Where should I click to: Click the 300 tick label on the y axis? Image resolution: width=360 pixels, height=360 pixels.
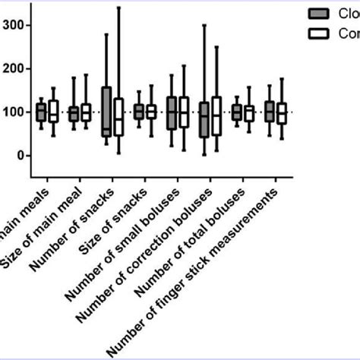[13, 25]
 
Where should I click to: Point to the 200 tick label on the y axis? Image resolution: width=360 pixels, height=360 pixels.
[13, 68]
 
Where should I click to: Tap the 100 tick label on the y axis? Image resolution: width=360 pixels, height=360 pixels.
[13, 112]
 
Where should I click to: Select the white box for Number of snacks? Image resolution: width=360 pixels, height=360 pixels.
[118, 117]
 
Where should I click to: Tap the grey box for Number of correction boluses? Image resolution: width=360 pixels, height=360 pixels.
[204, 119]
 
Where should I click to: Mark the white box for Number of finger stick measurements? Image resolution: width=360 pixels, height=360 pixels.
[282, 112]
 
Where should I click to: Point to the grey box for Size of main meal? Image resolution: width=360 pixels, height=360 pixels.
[73, 113]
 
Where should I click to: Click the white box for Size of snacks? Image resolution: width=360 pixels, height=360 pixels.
[151, 111]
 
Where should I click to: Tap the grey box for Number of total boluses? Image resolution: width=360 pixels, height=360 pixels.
[236, 112]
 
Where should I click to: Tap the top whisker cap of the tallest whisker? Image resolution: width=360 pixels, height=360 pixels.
[118, 7]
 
